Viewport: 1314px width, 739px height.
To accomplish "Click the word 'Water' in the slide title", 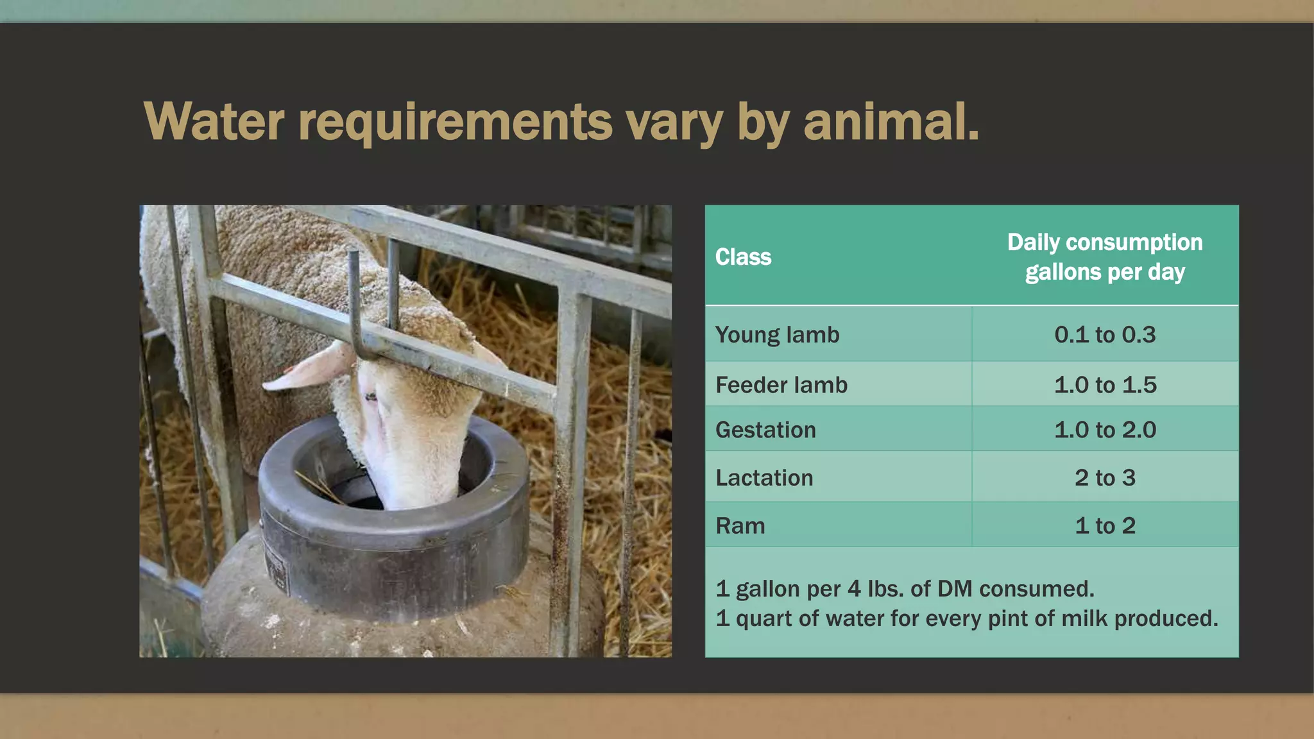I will (214, 121).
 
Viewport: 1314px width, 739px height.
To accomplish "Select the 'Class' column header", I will (743, 257).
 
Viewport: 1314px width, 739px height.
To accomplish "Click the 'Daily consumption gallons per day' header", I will (1104, 257).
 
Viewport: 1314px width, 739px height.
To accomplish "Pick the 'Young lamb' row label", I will (777, 334).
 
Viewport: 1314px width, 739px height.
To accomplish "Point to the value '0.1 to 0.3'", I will (1104, 334).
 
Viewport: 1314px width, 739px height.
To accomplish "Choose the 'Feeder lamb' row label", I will (781, 384).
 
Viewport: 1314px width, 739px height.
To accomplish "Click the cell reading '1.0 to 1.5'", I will (1104, 384).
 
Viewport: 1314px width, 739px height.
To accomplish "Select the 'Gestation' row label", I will (765, 429).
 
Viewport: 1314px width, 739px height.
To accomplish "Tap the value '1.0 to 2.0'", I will (1104, 429).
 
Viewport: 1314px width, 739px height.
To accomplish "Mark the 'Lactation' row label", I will (764, 477).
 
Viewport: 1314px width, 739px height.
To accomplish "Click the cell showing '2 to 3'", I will (1104, 477).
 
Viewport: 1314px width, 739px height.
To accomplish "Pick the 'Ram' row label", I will (740, 525).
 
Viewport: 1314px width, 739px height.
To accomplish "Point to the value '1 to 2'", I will (1104, 525).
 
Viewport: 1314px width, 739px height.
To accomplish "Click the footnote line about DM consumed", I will (905, 588).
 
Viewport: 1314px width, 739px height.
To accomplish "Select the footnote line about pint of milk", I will (966, 618).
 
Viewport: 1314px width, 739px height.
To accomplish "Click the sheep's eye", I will (371, 397).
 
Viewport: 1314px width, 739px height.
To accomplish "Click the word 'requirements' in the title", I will (455, 121).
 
